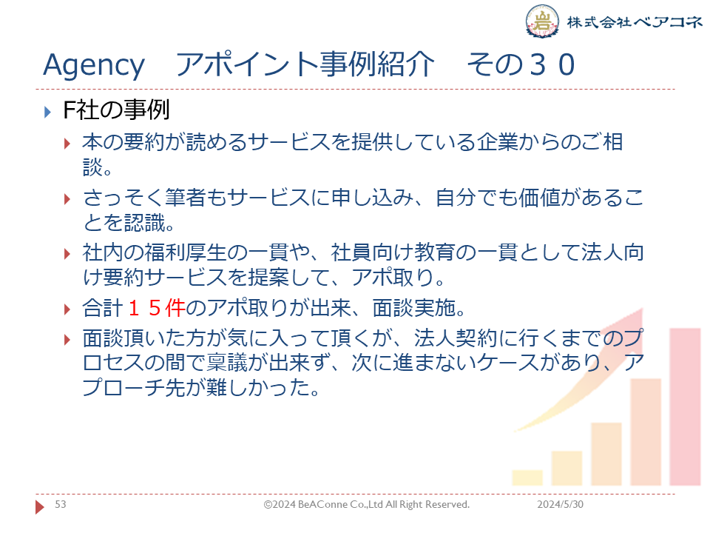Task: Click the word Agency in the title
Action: click(94, 65)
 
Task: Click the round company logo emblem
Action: click(541, 21)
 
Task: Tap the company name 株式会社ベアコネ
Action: click(635, 21)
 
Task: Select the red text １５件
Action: click(157, 308)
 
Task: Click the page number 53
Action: click(60, 504)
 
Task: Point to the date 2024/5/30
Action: click(560, 504)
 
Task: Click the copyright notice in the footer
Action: click(366, 504)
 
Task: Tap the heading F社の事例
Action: click(116, 110)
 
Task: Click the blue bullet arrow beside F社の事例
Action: click(47, 112)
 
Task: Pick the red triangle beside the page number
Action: click(39, 506)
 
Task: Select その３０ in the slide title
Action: click(521, 64)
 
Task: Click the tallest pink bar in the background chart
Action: click(685, 406)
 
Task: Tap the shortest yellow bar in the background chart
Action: click(527, 477)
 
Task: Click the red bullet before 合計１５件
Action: click(67, 309)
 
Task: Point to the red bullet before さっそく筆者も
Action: click(67, 199)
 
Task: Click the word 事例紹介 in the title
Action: click(377, 64)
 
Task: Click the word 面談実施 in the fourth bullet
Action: click(414, 308)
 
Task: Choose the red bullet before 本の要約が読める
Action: click(67, 144)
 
